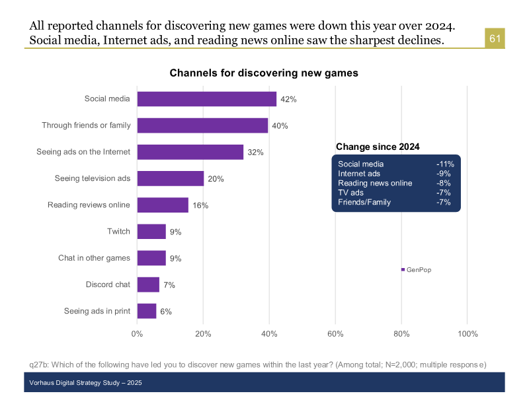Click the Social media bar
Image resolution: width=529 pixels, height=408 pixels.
(206, 99)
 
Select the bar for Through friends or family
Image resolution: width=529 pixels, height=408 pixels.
(202, 125)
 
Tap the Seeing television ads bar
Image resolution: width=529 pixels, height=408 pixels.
(171, 178)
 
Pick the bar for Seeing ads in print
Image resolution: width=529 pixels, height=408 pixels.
(147, 311)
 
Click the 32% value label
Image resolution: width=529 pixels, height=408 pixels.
(255, 153)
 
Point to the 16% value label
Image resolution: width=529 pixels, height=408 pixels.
(200, 205)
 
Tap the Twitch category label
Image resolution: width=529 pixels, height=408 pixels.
(118, 231)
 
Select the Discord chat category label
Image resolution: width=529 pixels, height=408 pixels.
(108, 285)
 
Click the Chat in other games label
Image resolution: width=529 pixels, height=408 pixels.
(94, 257)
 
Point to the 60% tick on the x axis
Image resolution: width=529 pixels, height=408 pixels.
(335, 333)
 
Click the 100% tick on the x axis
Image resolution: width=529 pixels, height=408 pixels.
(468, 333)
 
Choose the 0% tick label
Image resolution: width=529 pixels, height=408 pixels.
(137, 333)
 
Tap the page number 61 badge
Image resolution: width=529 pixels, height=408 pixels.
(495, 39)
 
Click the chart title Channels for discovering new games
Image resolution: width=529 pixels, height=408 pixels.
(264, 73)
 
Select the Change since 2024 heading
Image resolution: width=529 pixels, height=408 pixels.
(378, 147)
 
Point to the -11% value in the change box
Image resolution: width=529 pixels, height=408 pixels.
(444, 164)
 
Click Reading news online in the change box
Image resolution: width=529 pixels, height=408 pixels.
(375, 183)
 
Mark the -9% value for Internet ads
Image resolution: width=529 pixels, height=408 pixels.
(444, 174)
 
